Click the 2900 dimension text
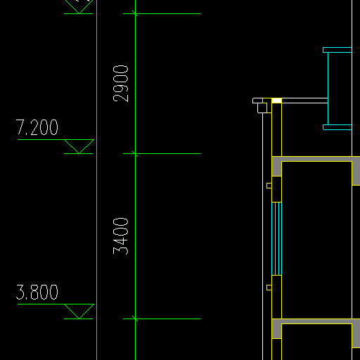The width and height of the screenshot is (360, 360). point(121,84)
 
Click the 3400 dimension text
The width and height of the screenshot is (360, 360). point(121,236)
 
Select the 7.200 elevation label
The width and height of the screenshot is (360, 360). point(37,127)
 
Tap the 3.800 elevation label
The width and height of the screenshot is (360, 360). point(37,292)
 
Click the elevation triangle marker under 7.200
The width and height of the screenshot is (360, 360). point(79,146)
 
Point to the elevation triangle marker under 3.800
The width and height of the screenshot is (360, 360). point(79,311)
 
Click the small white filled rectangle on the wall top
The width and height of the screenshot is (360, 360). point(276,101)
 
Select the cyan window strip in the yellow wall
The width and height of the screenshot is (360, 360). point(276,238)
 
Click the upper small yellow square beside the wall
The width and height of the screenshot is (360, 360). point(269,186)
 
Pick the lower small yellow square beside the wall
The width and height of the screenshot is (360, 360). point(269,288)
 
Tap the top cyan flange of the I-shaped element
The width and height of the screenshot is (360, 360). point(337,50)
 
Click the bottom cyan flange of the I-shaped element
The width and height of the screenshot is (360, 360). point(337,127)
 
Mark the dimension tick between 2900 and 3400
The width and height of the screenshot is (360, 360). point(135,154)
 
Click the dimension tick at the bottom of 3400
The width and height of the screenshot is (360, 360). point(135,319)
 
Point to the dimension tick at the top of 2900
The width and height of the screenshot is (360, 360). point(135,13)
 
